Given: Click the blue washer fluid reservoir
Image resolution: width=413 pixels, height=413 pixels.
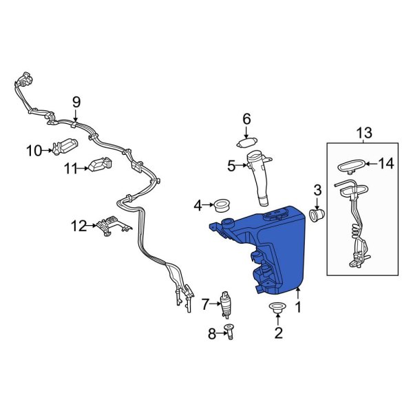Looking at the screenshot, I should point(275,248).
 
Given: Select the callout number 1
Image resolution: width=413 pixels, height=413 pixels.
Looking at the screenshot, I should point(297,310).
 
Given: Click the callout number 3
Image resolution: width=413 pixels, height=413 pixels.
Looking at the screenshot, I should point(317,189).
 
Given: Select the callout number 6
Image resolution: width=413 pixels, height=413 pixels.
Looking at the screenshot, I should point(246,120).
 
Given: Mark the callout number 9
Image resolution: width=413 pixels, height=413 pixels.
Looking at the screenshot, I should point(76,102).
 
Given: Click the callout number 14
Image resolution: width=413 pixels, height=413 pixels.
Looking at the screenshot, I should point(387,164).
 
